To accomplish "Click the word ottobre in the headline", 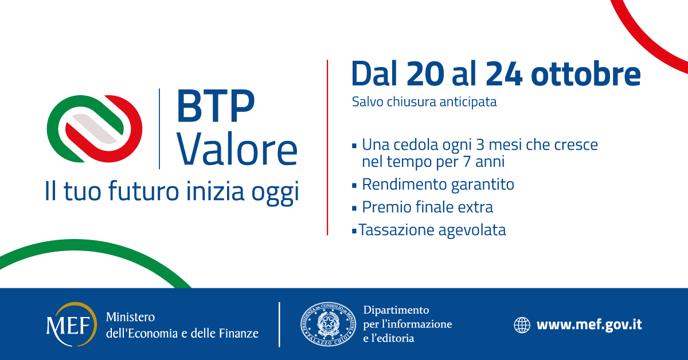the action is coord(586,74).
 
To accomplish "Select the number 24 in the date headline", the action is coord(504,74).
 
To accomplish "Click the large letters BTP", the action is coord(216,106).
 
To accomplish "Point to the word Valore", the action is coord(237,149).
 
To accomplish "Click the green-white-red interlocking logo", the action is coord(95,129).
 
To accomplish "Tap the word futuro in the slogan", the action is coord(143,191).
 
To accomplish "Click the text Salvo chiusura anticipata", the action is coord(424,102).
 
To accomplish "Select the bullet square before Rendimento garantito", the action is coord(354,186).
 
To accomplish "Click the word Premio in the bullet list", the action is coord(386,207).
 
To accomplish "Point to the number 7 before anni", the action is coord(467,162).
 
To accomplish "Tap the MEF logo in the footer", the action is coord(72,324).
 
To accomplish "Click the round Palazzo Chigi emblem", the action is coord(329,324).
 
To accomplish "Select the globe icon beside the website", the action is coord(522,325).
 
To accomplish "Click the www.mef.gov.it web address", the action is coord(589,325).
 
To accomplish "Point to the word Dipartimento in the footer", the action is coord(396,310).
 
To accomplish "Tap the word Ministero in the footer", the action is coord(131,317).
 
